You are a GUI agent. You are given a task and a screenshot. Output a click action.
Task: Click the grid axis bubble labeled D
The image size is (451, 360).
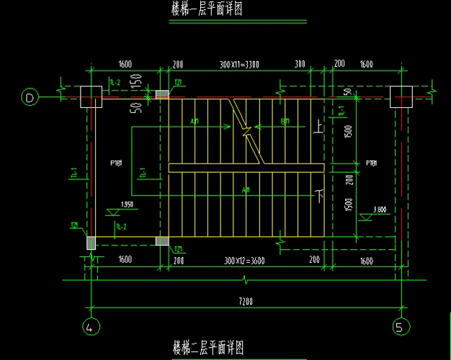click(29, 96)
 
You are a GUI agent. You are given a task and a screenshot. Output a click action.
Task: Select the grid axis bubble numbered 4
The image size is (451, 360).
click(90, 328)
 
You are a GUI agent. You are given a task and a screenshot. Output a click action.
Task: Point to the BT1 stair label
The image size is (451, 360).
click(285, 122)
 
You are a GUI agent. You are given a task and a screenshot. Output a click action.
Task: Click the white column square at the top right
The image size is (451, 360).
click(400, 96)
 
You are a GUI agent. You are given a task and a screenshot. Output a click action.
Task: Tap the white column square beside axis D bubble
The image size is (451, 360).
click(91, 96)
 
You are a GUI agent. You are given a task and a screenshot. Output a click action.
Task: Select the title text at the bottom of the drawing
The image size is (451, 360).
click(207, 348)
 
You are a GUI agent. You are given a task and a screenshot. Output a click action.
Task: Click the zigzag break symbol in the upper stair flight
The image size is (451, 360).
click(247, 130)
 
